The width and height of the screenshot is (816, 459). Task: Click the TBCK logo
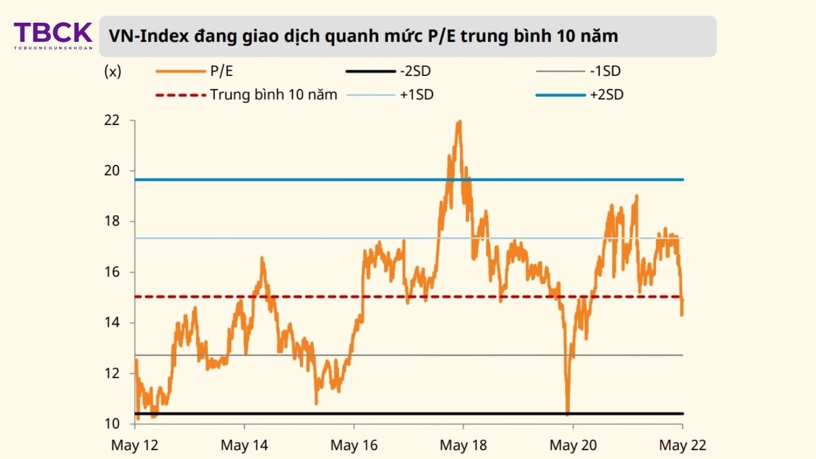pyautogui.click(x=53, y=35)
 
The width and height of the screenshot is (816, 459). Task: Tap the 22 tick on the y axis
pyautogui.click(x=112, y=121)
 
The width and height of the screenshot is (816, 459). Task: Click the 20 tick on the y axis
pyautogui.click(x=112, y=171)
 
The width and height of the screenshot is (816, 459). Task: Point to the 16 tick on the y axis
pyautogui.click(x=112, y=273)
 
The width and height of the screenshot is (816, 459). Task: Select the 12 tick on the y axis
pyautogui.click(x=112, y=374)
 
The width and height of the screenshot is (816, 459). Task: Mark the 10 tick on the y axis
pyautogui.click(x=112, y=424)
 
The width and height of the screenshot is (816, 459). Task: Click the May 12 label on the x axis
pyautogui.click(x=134, y=445)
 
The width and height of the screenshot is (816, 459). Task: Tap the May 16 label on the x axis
pyautogui.click(x=354, y=445)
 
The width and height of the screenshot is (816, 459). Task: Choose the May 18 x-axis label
pyautogui.click(x=464, y=445)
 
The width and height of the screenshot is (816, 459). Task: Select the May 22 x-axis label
pyautogui.click(x=682, y=445)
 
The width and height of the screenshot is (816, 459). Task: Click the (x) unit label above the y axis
pyautogui.click(x=113, y=72)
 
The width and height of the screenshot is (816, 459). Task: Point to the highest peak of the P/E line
pyautogui.click(x=459, y=121)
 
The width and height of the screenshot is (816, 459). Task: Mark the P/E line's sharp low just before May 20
pyautogui.click(x=567, y=412)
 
